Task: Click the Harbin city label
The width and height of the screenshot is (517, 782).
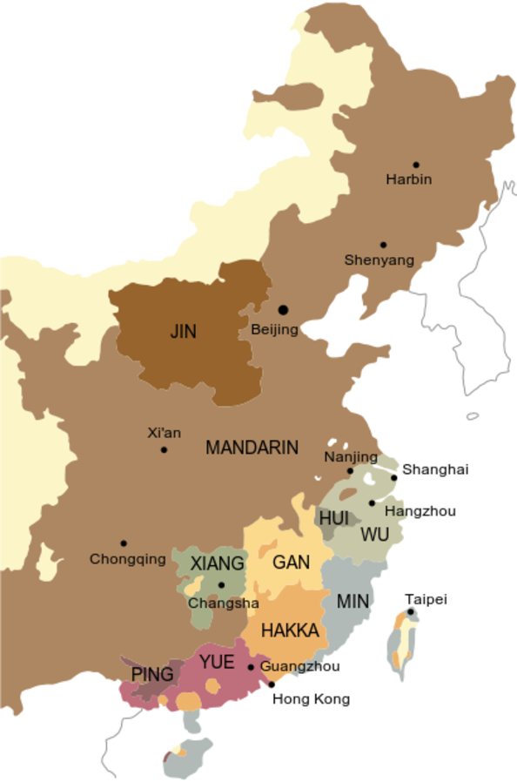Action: click(408, 179)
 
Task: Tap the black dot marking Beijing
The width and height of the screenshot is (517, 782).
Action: click(282, 310)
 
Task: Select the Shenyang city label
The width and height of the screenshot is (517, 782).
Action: click(379, 260)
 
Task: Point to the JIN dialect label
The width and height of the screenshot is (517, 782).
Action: click(184, 332)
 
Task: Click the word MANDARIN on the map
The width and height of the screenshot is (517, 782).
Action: click(252, 448)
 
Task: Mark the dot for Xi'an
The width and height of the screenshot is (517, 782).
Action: click(164, 449)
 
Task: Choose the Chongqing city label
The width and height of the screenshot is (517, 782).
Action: click(128, 559)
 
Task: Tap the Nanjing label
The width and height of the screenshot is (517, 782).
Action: click(351, 457)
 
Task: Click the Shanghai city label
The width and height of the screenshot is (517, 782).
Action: click(435, 469)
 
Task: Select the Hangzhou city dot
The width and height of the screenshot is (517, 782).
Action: click(372, 502)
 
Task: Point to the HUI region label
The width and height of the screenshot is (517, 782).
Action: click(333, 518)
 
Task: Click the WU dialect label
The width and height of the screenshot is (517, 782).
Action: click(374, 534)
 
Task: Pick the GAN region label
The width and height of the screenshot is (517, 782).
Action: click(291, 563)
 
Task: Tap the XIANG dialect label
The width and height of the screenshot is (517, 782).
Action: click(217, 563)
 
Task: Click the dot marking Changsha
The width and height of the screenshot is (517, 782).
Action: click(221, 585)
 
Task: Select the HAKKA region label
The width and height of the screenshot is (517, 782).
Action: click(290, 630)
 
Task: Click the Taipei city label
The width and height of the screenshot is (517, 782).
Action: click(426, 599)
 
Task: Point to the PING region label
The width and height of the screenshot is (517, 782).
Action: click(152, 674)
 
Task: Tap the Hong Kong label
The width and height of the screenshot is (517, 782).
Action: click(311, 698)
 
